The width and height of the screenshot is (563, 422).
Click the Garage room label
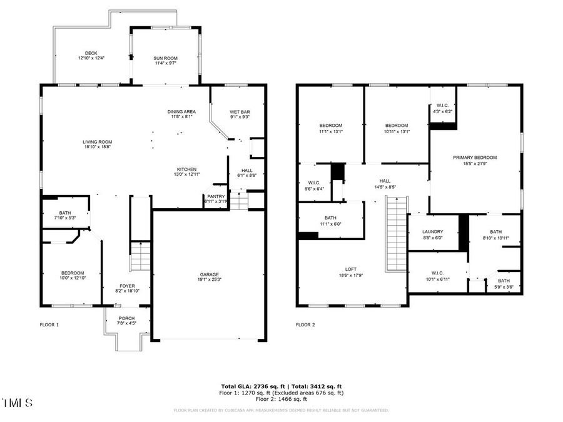tap(209, 274)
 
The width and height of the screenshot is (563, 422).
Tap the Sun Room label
tap(166, 58)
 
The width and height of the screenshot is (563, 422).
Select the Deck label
tap(91, 53)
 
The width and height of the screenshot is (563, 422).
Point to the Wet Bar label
tap(240, 112)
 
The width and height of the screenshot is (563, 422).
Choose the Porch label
tap(126, 318)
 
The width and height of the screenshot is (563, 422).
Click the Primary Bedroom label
tap(475, 158)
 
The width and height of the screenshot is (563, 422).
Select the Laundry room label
tap(432, 231)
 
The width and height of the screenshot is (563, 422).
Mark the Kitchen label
tap(186, 169)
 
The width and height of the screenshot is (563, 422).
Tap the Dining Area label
tap(181, 111)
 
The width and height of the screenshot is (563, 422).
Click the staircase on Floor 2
tap(395, 234)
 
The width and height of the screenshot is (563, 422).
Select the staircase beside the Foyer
tap(142, 257)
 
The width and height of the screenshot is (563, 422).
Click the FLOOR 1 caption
tap(49, 325)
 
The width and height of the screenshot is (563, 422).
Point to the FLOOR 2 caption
tap(305, 325)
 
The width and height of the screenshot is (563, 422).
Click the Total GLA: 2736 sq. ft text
tap(251, 386)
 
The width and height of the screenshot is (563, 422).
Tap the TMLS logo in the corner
tap(18, 401)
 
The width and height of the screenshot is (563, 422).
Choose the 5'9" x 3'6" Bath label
tap(504, 281)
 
